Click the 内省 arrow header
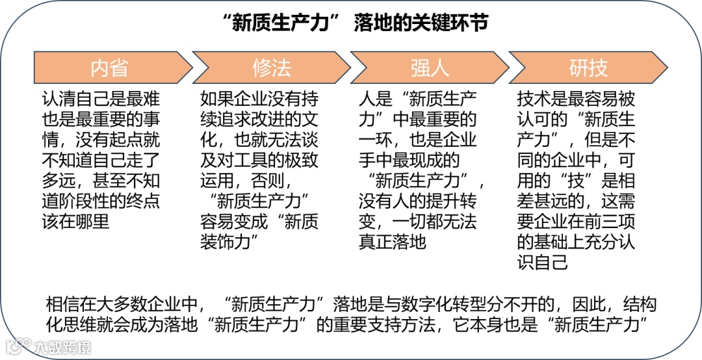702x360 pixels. pyautogui.click(x=109, y=67)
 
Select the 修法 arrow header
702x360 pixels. pyautogui.click(x=271, y=67)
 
